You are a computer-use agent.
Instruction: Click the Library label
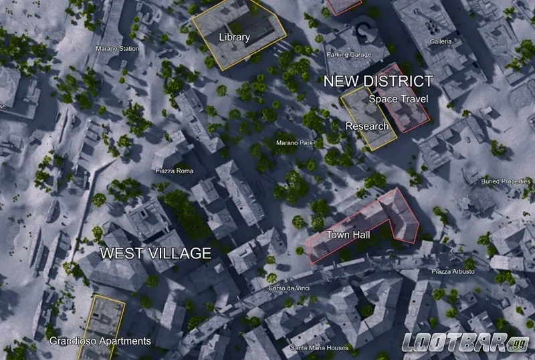coord(234,37)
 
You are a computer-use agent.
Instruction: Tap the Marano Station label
coord(117,49)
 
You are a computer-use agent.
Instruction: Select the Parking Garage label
coord(347,54)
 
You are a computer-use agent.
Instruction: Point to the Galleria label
coord(441,41)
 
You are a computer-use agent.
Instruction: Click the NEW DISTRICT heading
coord(379,82)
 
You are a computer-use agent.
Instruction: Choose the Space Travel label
coord(399,99)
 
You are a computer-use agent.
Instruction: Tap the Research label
coord(366,126)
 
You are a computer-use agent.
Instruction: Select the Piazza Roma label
coord(174,171)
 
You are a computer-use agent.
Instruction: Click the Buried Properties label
coord(506,181)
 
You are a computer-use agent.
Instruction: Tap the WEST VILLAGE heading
coord(155,253)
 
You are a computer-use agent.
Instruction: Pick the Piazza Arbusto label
coord(453,272)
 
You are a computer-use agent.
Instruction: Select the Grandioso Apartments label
coord(100,341)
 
